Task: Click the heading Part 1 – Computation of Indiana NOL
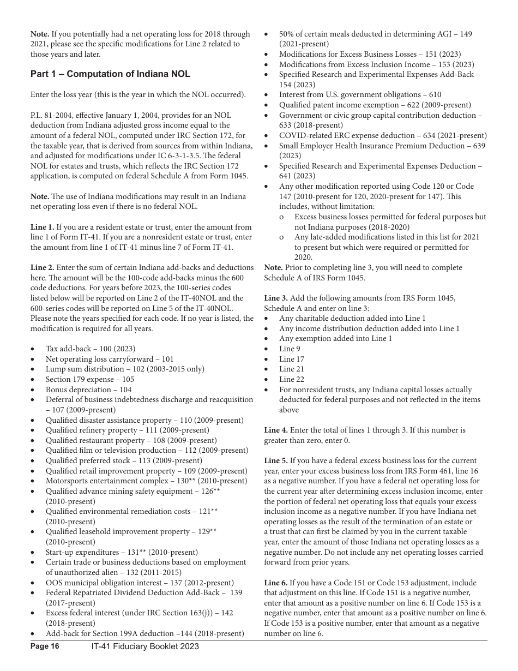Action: click(110, 74)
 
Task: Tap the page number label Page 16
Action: click(45, 646)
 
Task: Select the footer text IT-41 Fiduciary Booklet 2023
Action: click(145, 646)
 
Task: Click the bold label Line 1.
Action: click(42, 227)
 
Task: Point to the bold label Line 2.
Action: click(42, 267)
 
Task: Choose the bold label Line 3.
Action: click(276, 298)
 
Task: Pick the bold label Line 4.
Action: click(276, 430)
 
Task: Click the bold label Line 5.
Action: click(276, 460)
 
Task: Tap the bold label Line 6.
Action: click(276, 583)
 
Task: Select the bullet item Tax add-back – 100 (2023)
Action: click(91, 349)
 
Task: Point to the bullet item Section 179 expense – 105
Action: click(89, 379)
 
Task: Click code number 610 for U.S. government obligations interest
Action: click(435, 95)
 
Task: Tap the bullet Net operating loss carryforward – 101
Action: click(110, 359)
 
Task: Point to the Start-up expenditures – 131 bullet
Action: click(122, 552)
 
